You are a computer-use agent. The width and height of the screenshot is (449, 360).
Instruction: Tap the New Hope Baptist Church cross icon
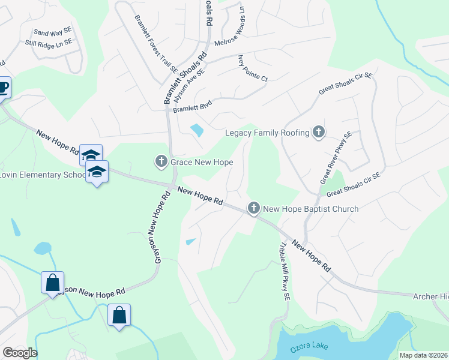254,209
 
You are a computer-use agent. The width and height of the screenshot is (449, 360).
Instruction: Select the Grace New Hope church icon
161,161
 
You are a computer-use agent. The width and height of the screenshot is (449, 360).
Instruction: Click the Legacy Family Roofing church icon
319,133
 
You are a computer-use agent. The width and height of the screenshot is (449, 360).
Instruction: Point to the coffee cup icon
3,88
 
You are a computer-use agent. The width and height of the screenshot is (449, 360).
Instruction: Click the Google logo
20,353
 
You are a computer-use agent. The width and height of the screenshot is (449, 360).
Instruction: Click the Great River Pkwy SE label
335,157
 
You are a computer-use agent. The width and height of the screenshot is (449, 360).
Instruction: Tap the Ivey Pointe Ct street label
253,68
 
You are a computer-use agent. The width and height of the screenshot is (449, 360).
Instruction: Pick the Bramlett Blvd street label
193,106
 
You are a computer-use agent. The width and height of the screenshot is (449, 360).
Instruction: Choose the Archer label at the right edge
430,296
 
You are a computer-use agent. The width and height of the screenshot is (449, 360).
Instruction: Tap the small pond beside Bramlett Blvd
196,129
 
